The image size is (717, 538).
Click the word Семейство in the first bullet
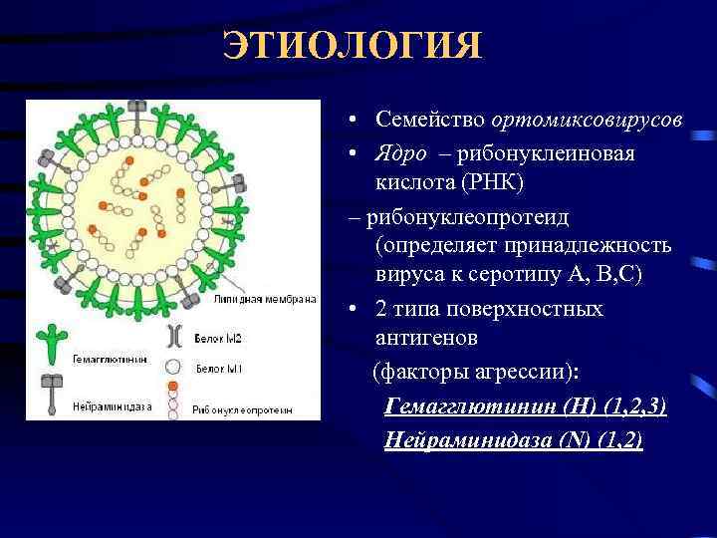[429, 119]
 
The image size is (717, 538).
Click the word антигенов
[426, 338]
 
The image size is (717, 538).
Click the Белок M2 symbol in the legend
[174, 335]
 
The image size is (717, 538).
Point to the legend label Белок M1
[215, 369]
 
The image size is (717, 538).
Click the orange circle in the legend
[173, 385]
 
